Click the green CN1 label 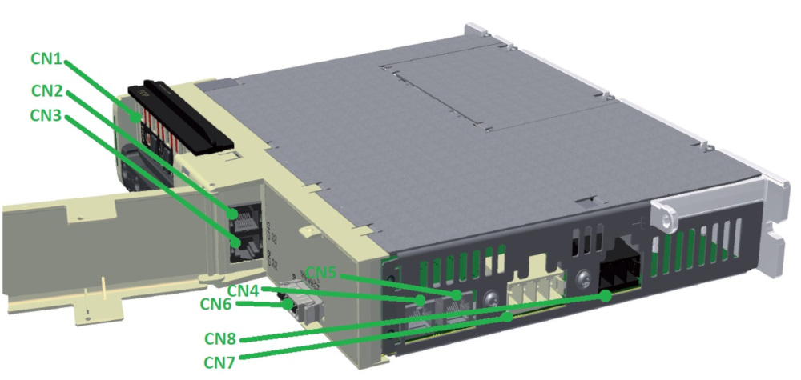pos(46,59)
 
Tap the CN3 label pos(46,115)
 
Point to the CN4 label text pos(244,290)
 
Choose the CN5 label pos(321,273)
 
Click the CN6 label pos(216,304)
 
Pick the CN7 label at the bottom pos(219,362)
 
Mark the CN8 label pos(221,338)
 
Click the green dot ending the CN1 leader pos(136,118)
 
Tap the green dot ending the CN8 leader pos(606,296)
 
